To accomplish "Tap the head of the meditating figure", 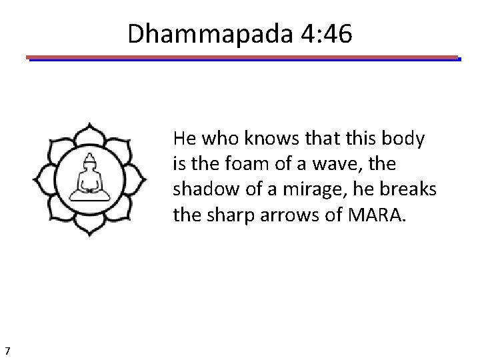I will pos(90,160).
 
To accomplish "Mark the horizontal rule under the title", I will pos(243,58).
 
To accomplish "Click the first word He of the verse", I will pos(183,139).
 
